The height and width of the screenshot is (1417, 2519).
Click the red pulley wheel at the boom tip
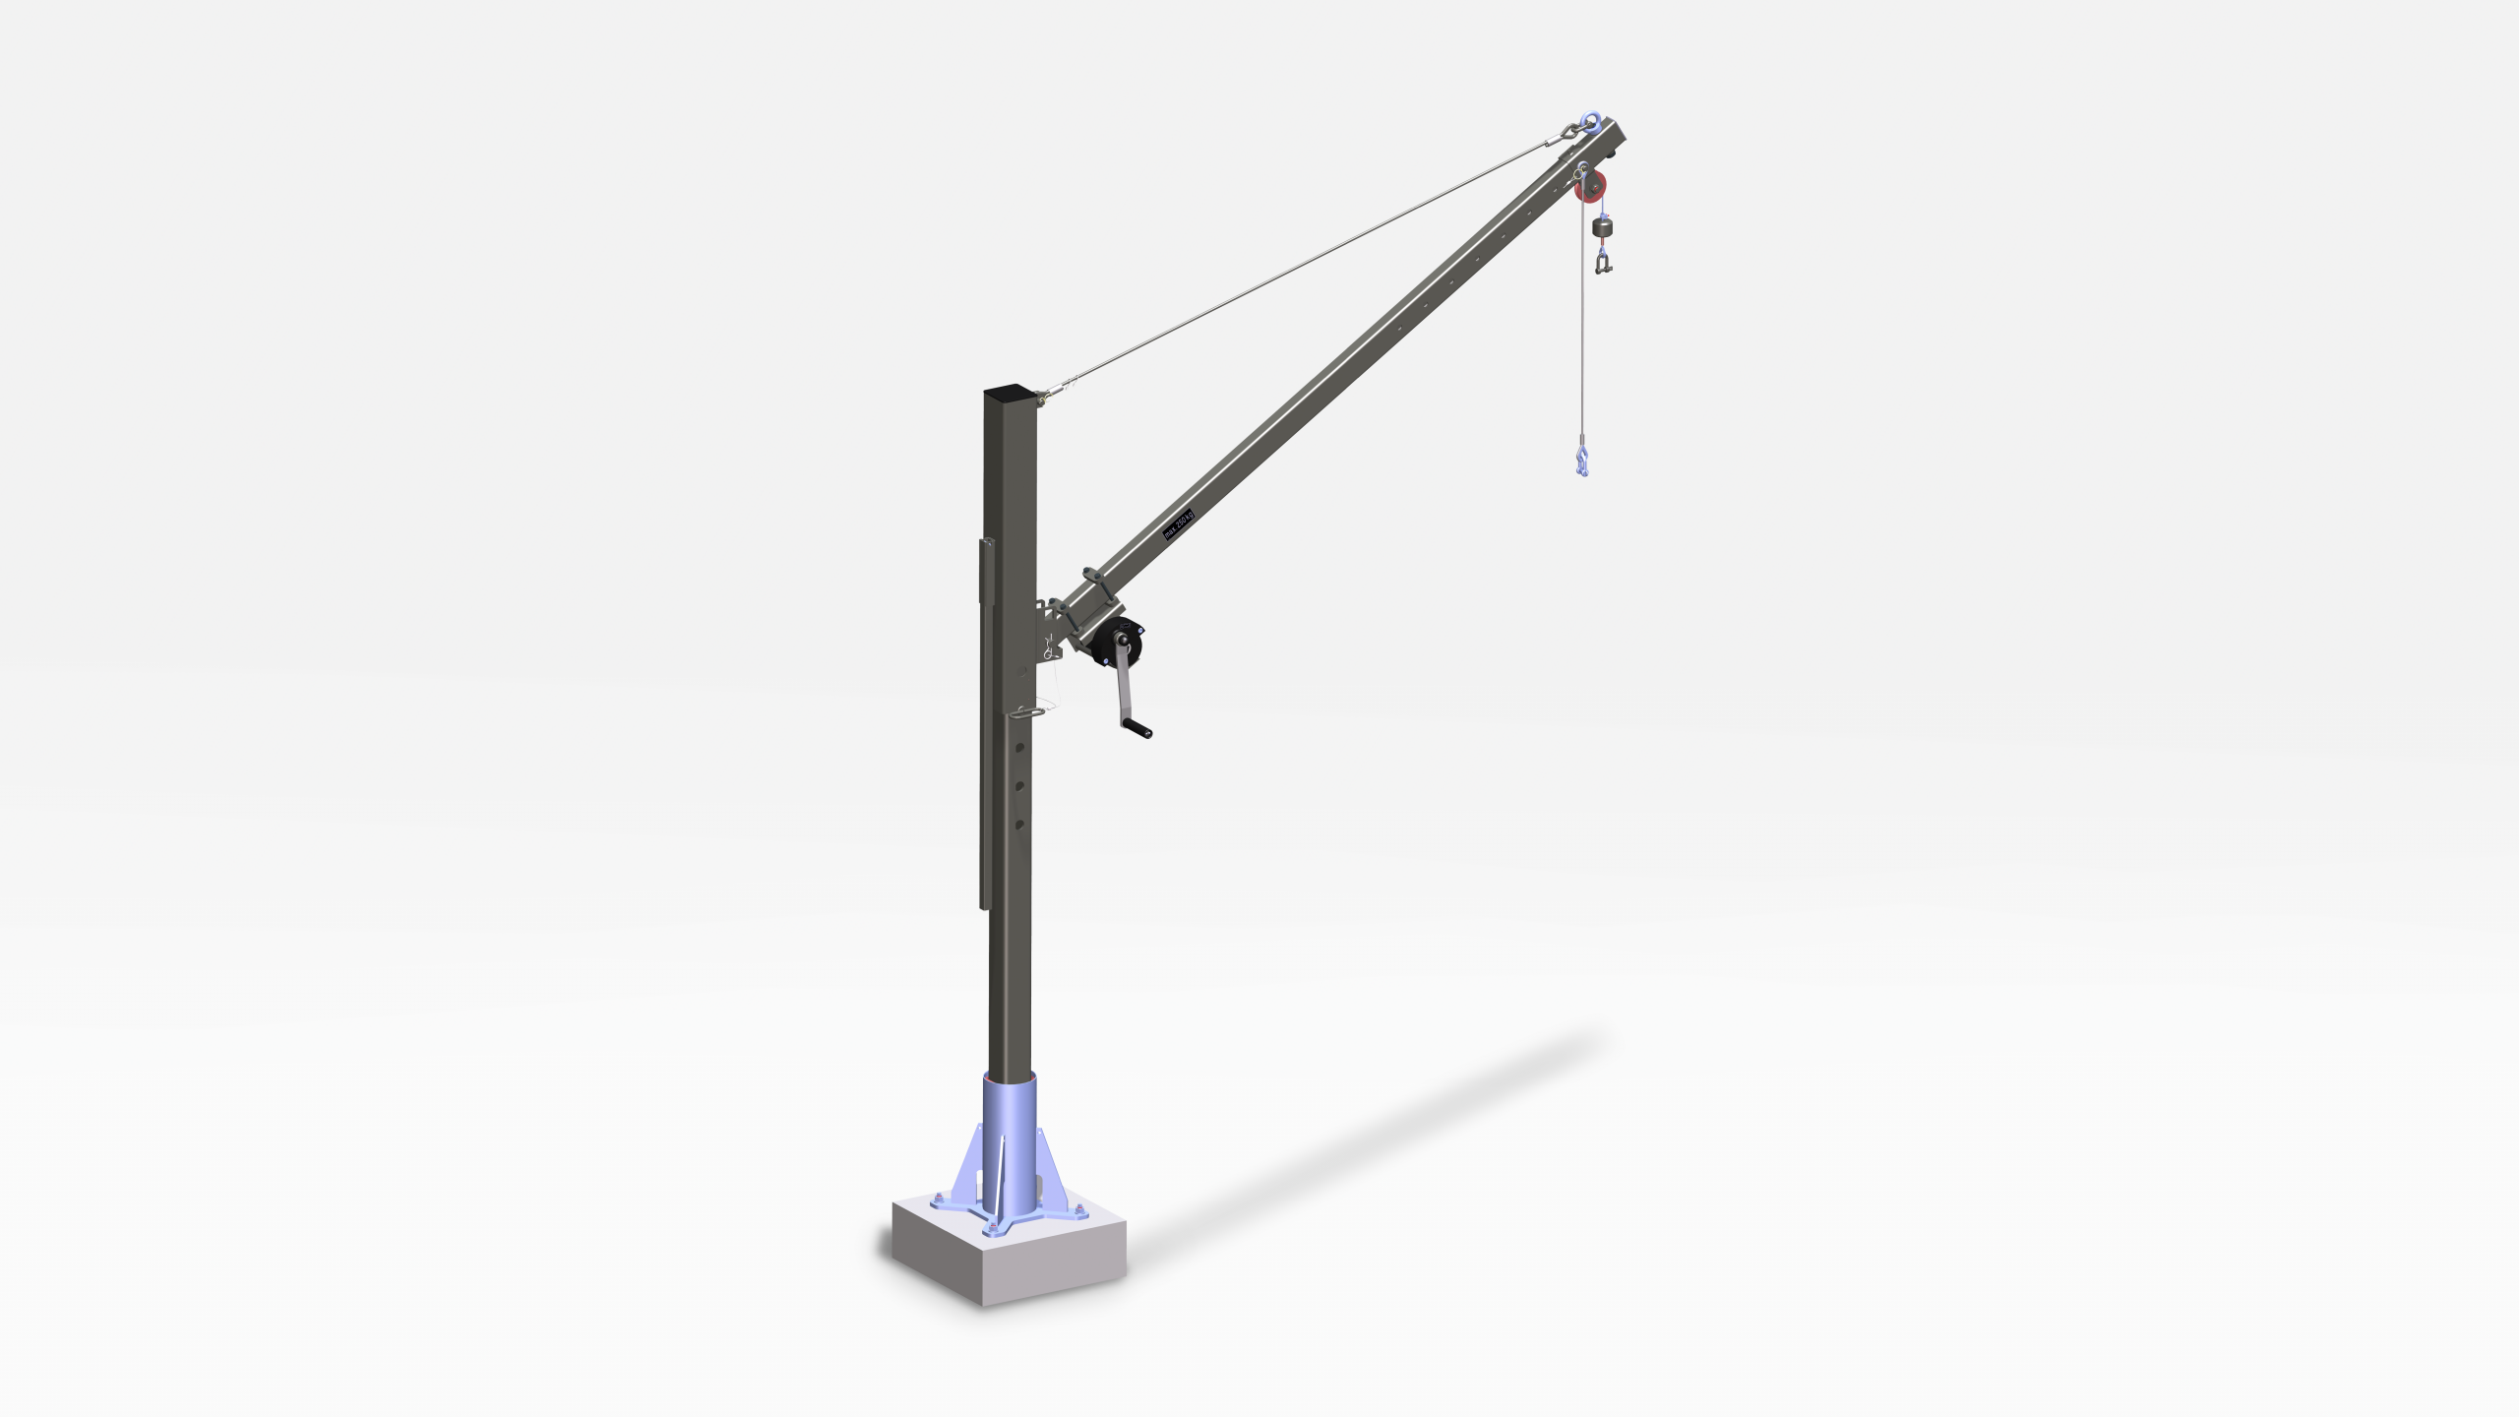click(x=1591, y=186)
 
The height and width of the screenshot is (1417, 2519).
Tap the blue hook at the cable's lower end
click(x=1581, y=460)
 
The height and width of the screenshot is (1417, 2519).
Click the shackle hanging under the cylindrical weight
click(x=1604, y=262)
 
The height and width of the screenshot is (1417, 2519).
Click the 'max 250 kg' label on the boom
click(x=1178, y=524)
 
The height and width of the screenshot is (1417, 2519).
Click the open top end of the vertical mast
click(x=1011, y=393)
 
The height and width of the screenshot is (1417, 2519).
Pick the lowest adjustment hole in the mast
click(x=1019, y=824)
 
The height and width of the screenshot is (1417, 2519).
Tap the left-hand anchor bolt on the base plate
click(x=937, y=1198)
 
